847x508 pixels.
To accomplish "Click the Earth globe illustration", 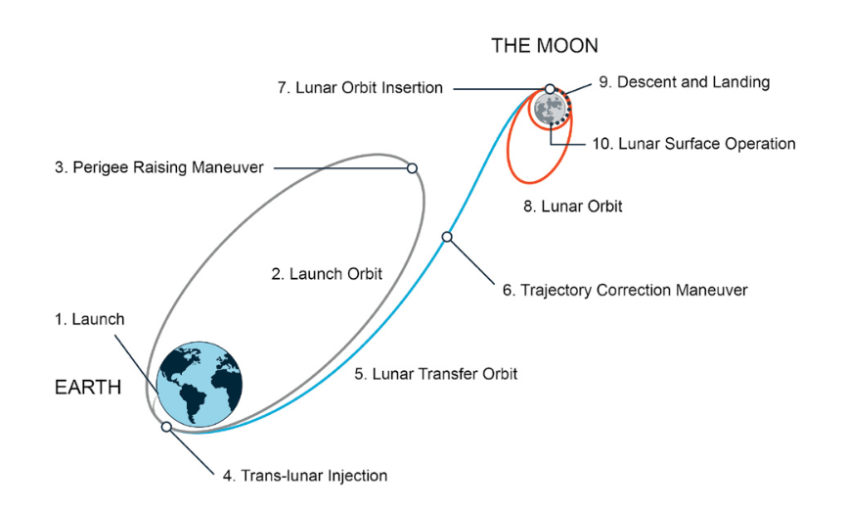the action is [x=200, y=385].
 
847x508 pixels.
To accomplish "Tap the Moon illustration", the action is [x=550, y=109].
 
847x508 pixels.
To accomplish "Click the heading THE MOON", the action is [x=545, y=45].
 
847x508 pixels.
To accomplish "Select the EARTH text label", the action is [x=88, y=388].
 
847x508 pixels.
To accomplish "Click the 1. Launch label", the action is [x=90, y=319].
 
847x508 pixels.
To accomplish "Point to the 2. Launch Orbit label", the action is [x=327, y=274].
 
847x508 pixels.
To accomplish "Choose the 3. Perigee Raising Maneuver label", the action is [x=158, y=167].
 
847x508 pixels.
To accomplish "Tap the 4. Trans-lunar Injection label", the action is [x=305, y=476].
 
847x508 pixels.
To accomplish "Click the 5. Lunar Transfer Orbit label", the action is [x=436, y=374].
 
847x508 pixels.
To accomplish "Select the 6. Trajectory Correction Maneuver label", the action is [x=625, y=290].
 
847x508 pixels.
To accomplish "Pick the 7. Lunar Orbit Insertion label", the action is [x=360, y=87].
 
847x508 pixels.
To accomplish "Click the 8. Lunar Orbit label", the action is [x=572, y=207].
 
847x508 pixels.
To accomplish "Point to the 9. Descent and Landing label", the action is [x=685, y=82].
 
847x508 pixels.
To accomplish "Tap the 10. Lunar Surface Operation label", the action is [x=694, y=144].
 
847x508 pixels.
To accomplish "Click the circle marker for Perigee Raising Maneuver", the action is [x=412, y=168].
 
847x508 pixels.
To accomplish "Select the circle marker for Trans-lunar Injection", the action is [x=166, y=427].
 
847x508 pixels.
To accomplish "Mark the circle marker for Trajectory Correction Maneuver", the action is [x=447, y=237].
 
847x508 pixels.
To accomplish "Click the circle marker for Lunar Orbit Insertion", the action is [x=550, y=89].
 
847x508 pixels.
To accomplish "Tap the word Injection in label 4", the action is [x=361, y=476].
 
